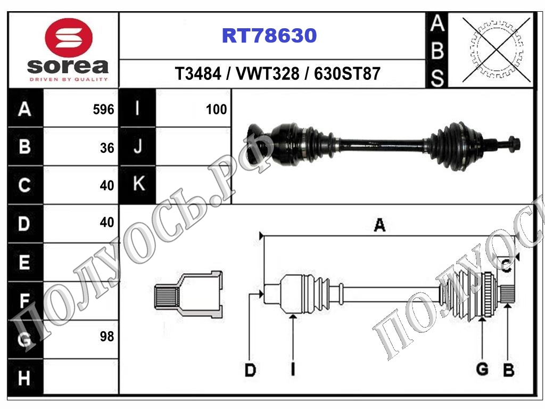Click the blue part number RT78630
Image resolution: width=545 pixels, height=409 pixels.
pos(269,36)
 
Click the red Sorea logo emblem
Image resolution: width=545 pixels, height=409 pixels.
pos(69,38)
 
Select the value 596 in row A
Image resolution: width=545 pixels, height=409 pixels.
pos(104,110)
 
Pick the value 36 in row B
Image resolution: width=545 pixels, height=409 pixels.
pos(107,148)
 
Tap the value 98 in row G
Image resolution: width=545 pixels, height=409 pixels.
pos(107,337)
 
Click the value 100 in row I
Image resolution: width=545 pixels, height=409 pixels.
pos(216,110)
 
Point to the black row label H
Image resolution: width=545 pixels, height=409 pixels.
pos(24,378)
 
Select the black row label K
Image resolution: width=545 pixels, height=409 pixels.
pos(139,183)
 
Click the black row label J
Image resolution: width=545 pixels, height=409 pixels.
pos(138,146)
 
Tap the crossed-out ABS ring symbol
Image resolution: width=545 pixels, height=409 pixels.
pos(497,50)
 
